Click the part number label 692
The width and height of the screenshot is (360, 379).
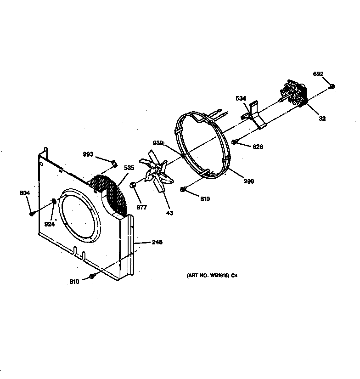[x=318, y=74]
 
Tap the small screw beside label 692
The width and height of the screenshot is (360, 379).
[x=332, y=86]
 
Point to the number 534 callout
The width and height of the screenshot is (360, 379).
[x=241, y=98]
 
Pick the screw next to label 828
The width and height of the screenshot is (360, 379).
[x=234, y=142]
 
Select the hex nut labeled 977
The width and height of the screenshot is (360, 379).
[x=133, y=186]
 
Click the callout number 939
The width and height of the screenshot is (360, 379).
[x=158, y=143]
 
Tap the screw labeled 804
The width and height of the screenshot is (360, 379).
[x=32, y=213]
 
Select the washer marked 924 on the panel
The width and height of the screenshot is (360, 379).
[x=54, y=201]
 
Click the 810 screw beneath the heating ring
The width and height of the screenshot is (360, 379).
[x=183, y=189]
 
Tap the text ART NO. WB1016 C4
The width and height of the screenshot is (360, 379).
[x=212, y=276]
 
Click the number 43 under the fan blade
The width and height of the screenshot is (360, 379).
[x=169, y=213]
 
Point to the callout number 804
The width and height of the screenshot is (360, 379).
[x=25, y=193]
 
